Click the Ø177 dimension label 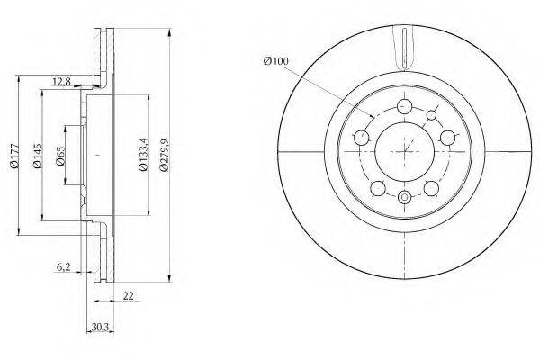point(14,156)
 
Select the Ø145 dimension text point(37,156)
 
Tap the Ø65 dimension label point(60,156)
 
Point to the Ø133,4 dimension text point(143,154)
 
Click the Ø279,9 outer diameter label point(165,155)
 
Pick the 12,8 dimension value point(61,82)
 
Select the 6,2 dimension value point(64,266)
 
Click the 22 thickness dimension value point(128,295)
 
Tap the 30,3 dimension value point(100,328)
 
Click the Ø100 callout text point(276,61)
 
